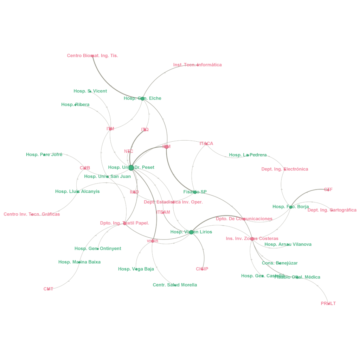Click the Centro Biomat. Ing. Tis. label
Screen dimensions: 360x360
click(92, 56)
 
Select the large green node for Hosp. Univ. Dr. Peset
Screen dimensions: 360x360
click(131, 168)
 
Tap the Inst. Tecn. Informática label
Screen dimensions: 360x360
click(197, 65)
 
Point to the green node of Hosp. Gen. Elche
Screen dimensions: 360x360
click(142, 98)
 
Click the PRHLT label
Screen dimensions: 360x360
click(328, 303)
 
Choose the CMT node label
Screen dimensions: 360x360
click(48, 289)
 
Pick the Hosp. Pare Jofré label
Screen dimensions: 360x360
click(44, 154)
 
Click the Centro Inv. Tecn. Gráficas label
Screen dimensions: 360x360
click(32, 214)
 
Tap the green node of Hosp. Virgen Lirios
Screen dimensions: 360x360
click(191, 232)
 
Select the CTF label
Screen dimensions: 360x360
click(328, 189)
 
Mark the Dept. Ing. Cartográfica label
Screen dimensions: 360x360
click(332, 210)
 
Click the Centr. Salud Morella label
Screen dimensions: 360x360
click(175, 285)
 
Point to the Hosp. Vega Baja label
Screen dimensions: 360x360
click(136, 269)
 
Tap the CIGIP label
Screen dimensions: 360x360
click(202, 269)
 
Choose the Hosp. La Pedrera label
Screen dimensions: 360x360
click(247, 155)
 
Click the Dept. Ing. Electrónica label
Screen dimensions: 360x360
click(284, 169)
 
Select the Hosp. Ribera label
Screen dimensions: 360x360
click(75, 104)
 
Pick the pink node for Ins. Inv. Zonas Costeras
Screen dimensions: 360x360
click(252, 239)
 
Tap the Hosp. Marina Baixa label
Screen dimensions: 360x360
click(79, 262)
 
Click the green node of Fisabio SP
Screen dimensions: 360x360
click(195, 192)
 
